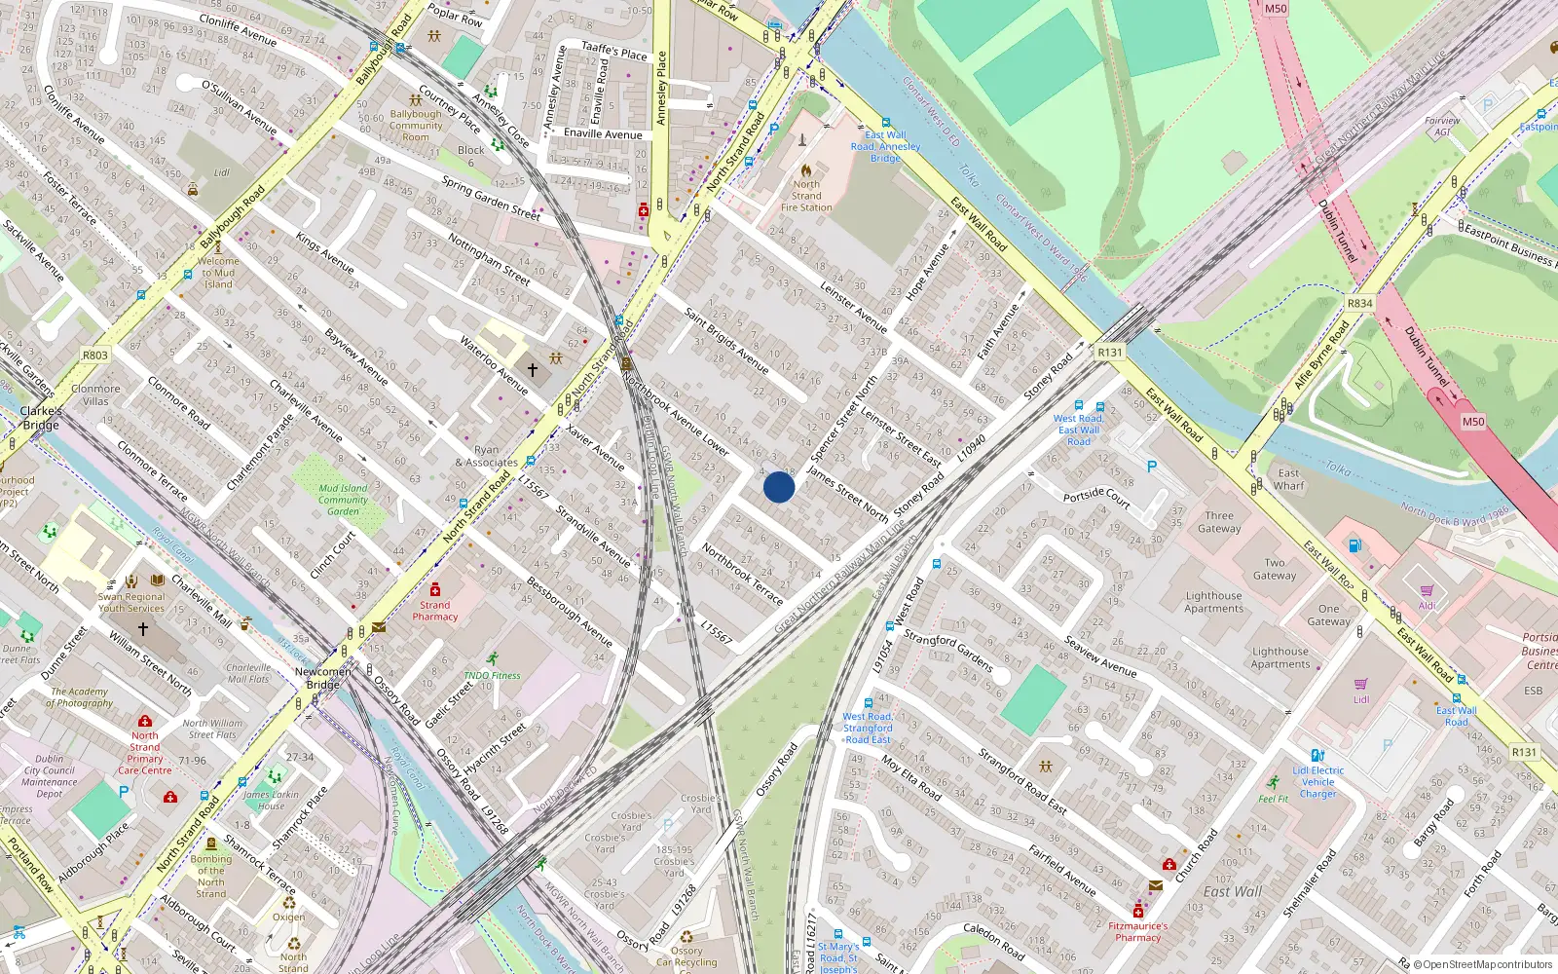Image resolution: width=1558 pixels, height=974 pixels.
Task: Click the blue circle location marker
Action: pos(779,487)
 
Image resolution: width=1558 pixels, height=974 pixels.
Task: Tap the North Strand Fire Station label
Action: pos(806,195)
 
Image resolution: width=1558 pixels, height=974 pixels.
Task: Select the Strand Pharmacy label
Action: pos(434,611)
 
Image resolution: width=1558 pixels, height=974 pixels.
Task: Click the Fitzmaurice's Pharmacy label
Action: pos(1137,931)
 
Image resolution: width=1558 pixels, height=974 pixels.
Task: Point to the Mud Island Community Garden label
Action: pos(343,500)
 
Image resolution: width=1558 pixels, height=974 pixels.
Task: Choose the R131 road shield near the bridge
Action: pos(1109,353)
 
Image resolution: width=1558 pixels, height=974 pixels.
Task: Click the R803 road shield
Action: pos(95,356)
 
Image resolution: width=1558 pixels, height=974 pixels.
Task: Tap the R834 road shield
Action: pos(1359,304)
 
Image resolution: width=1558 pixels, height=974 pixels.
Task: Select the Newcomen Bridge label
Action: pos(322,678)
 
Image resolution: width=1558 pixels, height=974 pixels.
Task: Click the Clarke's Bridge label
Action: pos(41,418)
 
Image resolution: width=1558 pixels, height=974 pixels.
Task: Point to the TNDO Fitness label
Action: pos(492,675)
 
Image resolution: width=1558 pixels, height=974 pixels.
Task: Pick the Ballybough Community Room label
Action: pos(416,126)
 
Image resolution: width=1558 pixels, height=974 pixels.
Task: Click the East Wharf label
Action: pos(1288,479)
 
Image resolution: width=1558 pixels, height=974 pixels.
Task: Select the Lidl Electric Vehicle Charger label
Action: pos(1317,782)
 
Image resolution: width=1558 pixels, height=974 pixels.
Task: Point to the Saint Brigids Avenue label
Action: pos(726,340)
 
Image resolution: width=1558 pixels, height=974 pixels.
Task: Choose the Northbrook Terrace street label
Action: pos(742,574)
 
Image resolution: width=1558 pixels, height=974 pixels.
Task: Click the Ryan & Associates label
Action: pos(486,457)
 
